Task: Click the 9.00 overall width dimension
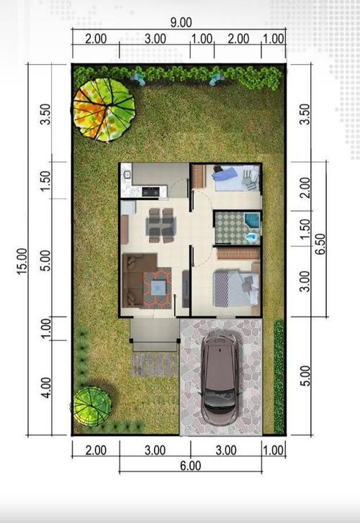[x=178, y=22]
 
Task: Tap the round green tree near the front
[x=92, y=406]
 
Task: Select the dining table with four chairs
[x=160, y=224]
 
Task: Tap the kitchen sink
[x=127, y=173]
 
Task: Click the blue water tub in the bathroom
[x=252, y=220]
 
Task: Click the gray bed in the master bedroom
[x=235, y=286]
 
